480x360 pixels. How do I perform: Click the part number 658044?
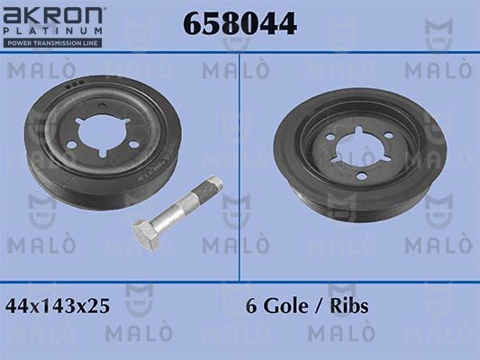coord(240,23)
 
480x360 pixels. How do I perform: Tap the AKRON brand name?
coord(52,16)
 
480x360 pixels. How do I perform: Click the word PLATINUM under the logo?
coord(52,31)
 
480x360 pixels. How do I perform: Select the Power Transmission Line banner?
coord(52,43)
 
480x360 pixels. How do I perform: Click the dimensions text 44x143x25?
coord(58,306)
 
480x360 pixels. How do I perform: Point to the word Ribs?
coord(349,306)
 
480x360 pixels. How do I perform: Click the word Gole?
coord(285,306)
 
